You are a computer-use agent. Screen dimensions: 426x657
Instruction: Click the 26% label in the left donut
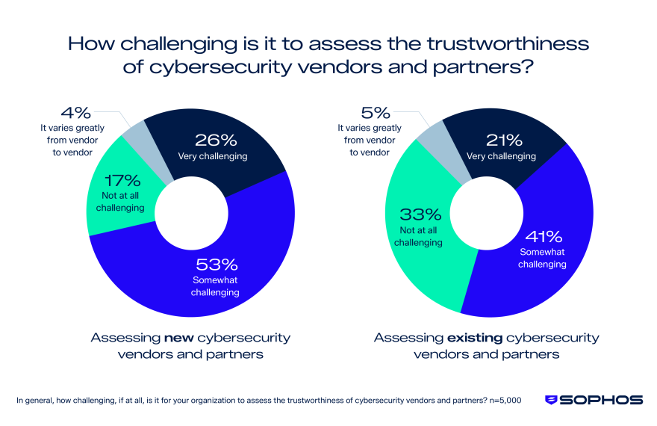point(217,140)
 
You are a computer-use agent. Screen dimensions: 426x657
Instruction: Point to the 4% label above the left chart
point(78,114)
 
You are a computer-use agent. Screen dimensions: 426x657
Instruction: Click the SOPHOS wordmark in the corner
point(602,400)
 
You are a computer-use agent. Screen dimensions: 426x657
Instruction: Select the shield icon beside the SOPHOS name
point(551,400)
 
